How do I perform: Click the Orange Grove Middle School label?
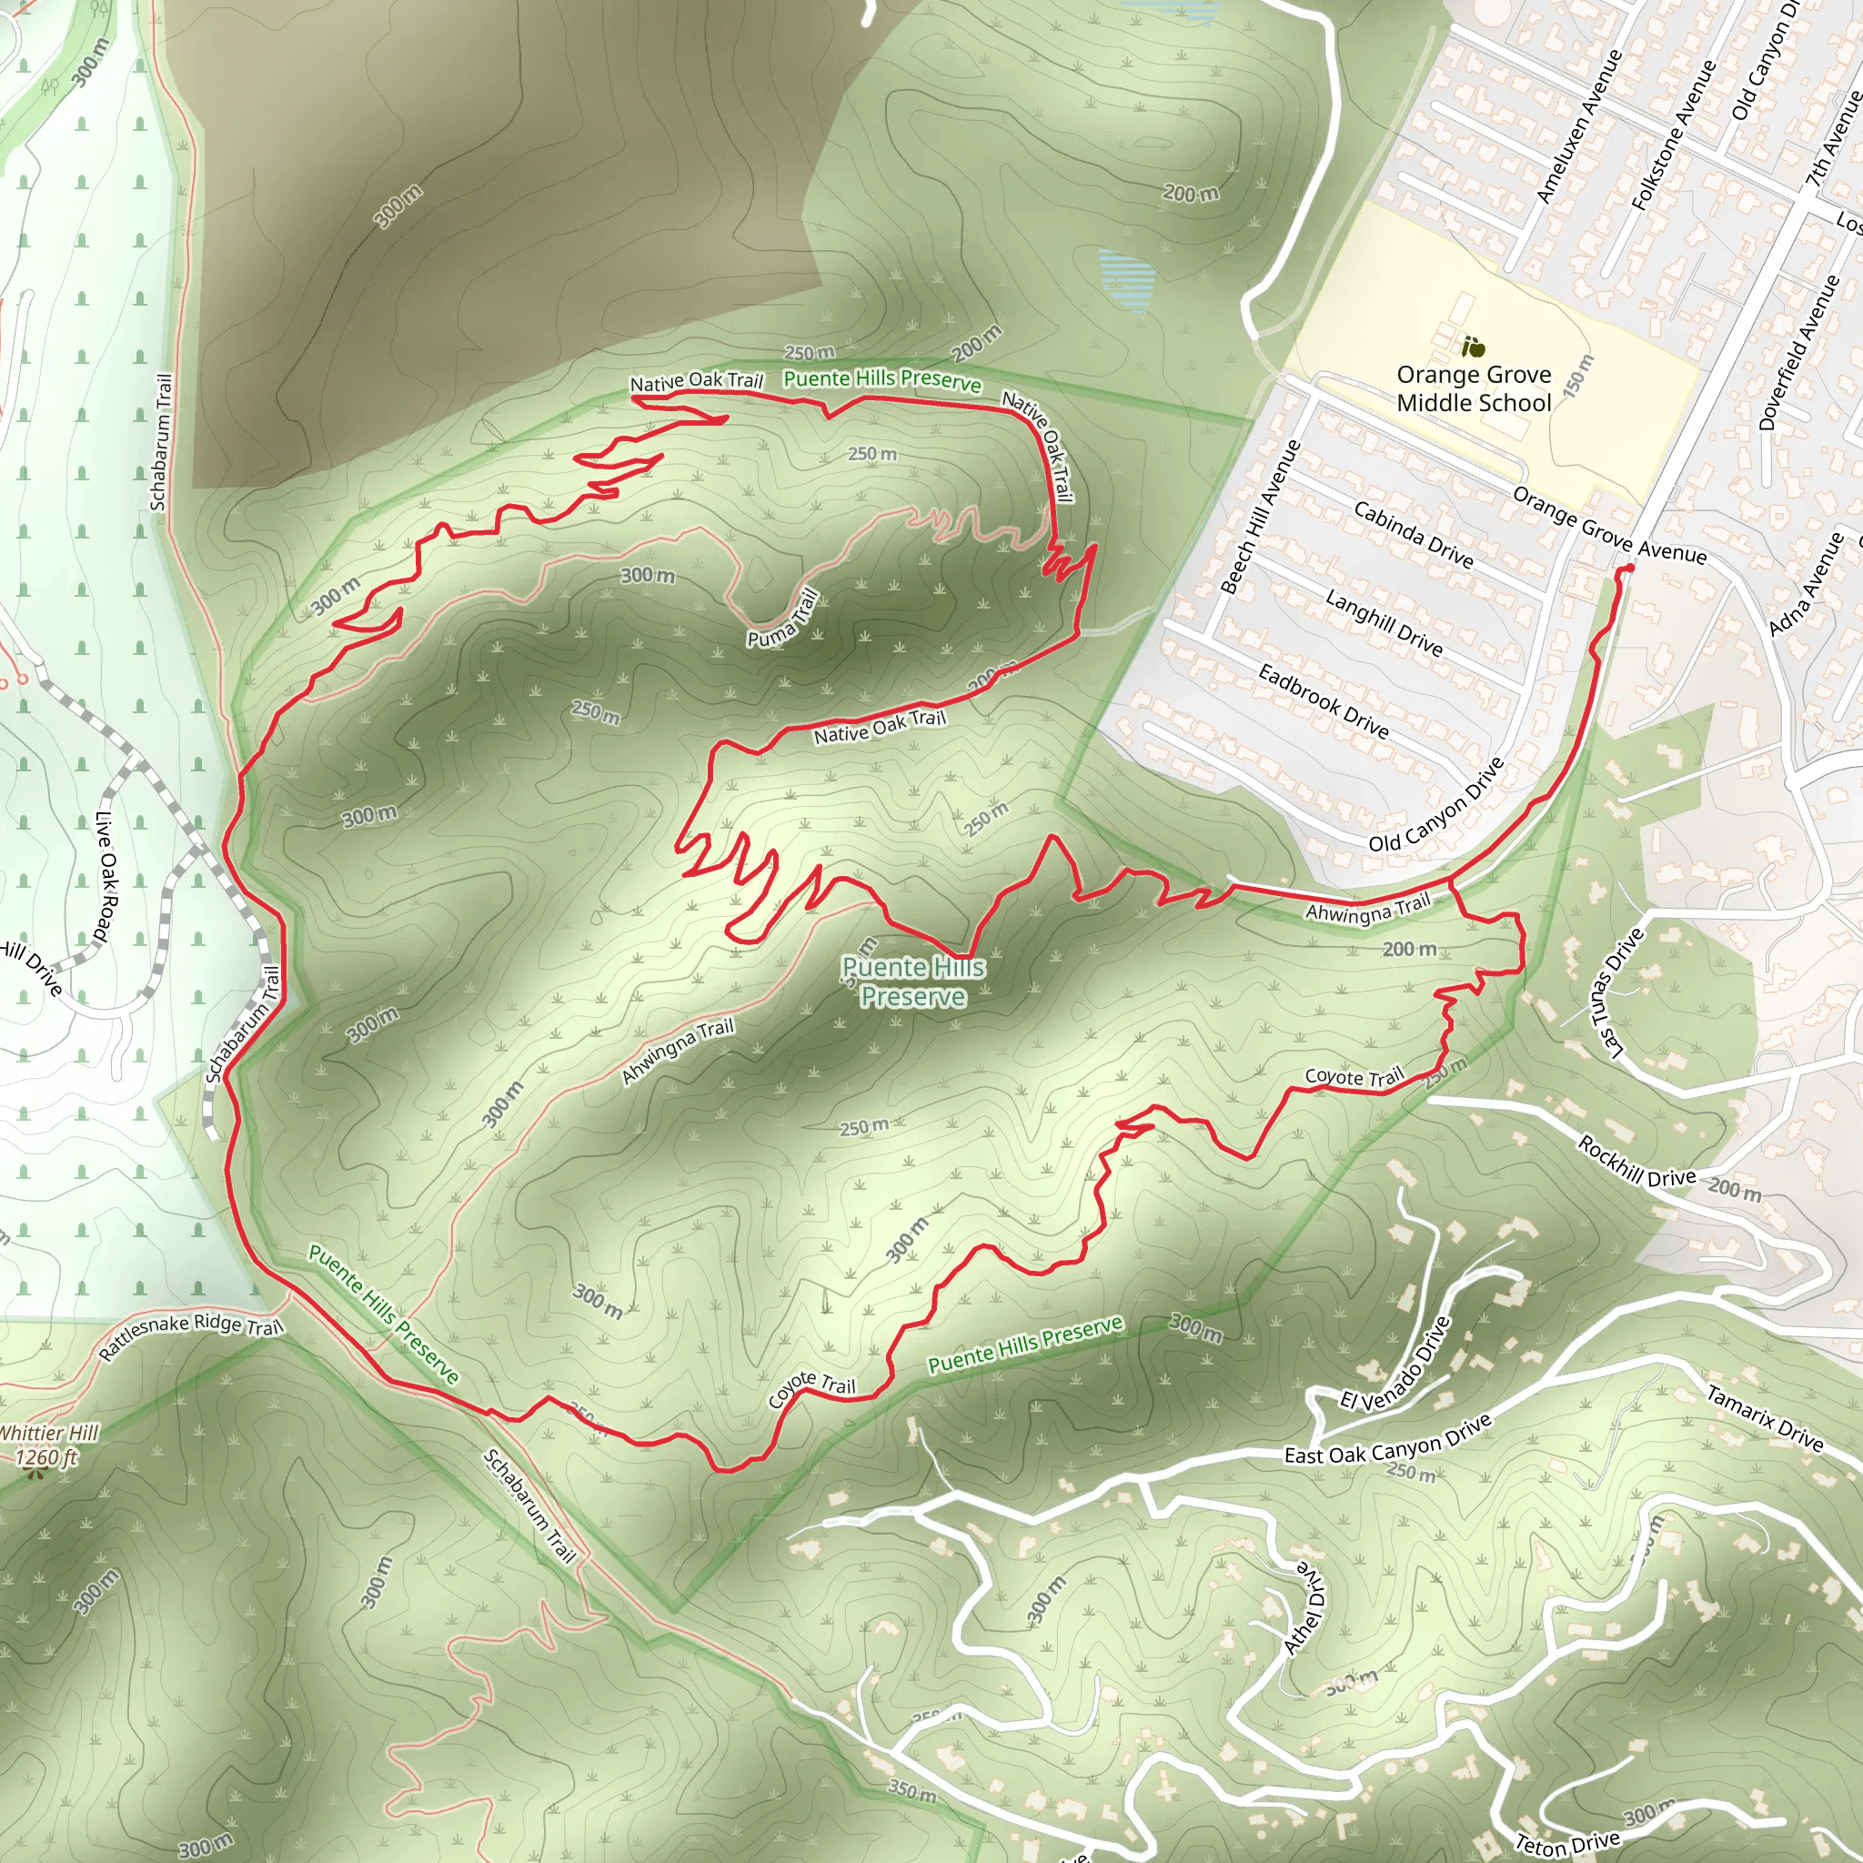(1474, 388)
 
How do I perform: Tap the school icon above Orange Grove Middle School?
(1473, 347)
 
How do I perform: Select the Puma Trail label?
(783, 618)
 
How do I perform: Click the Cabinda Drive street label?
(1413, 534)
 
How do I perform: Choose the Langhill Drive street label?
(1384, 623)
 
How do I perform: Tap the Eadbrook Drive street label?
(1323, 701)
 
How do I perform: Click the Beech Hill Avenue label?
(1260, 517)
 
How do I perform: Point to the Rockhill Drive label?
(1636, 1162)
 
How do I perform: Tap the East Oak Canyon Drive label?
(1387, 1441)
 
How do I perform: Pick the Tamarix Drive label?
(1765, 1417)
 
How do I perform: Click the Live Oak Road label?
(106, 877)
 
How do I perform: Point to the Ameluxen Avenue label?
(1579, 126)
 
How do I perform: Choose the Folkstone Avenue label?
(1674, 135)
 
